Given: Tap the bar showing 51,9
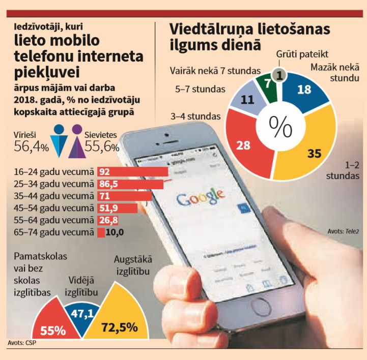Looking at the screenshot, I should click(117, 208).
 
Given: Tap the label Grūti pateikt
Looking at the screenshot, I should click(302, 53).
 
